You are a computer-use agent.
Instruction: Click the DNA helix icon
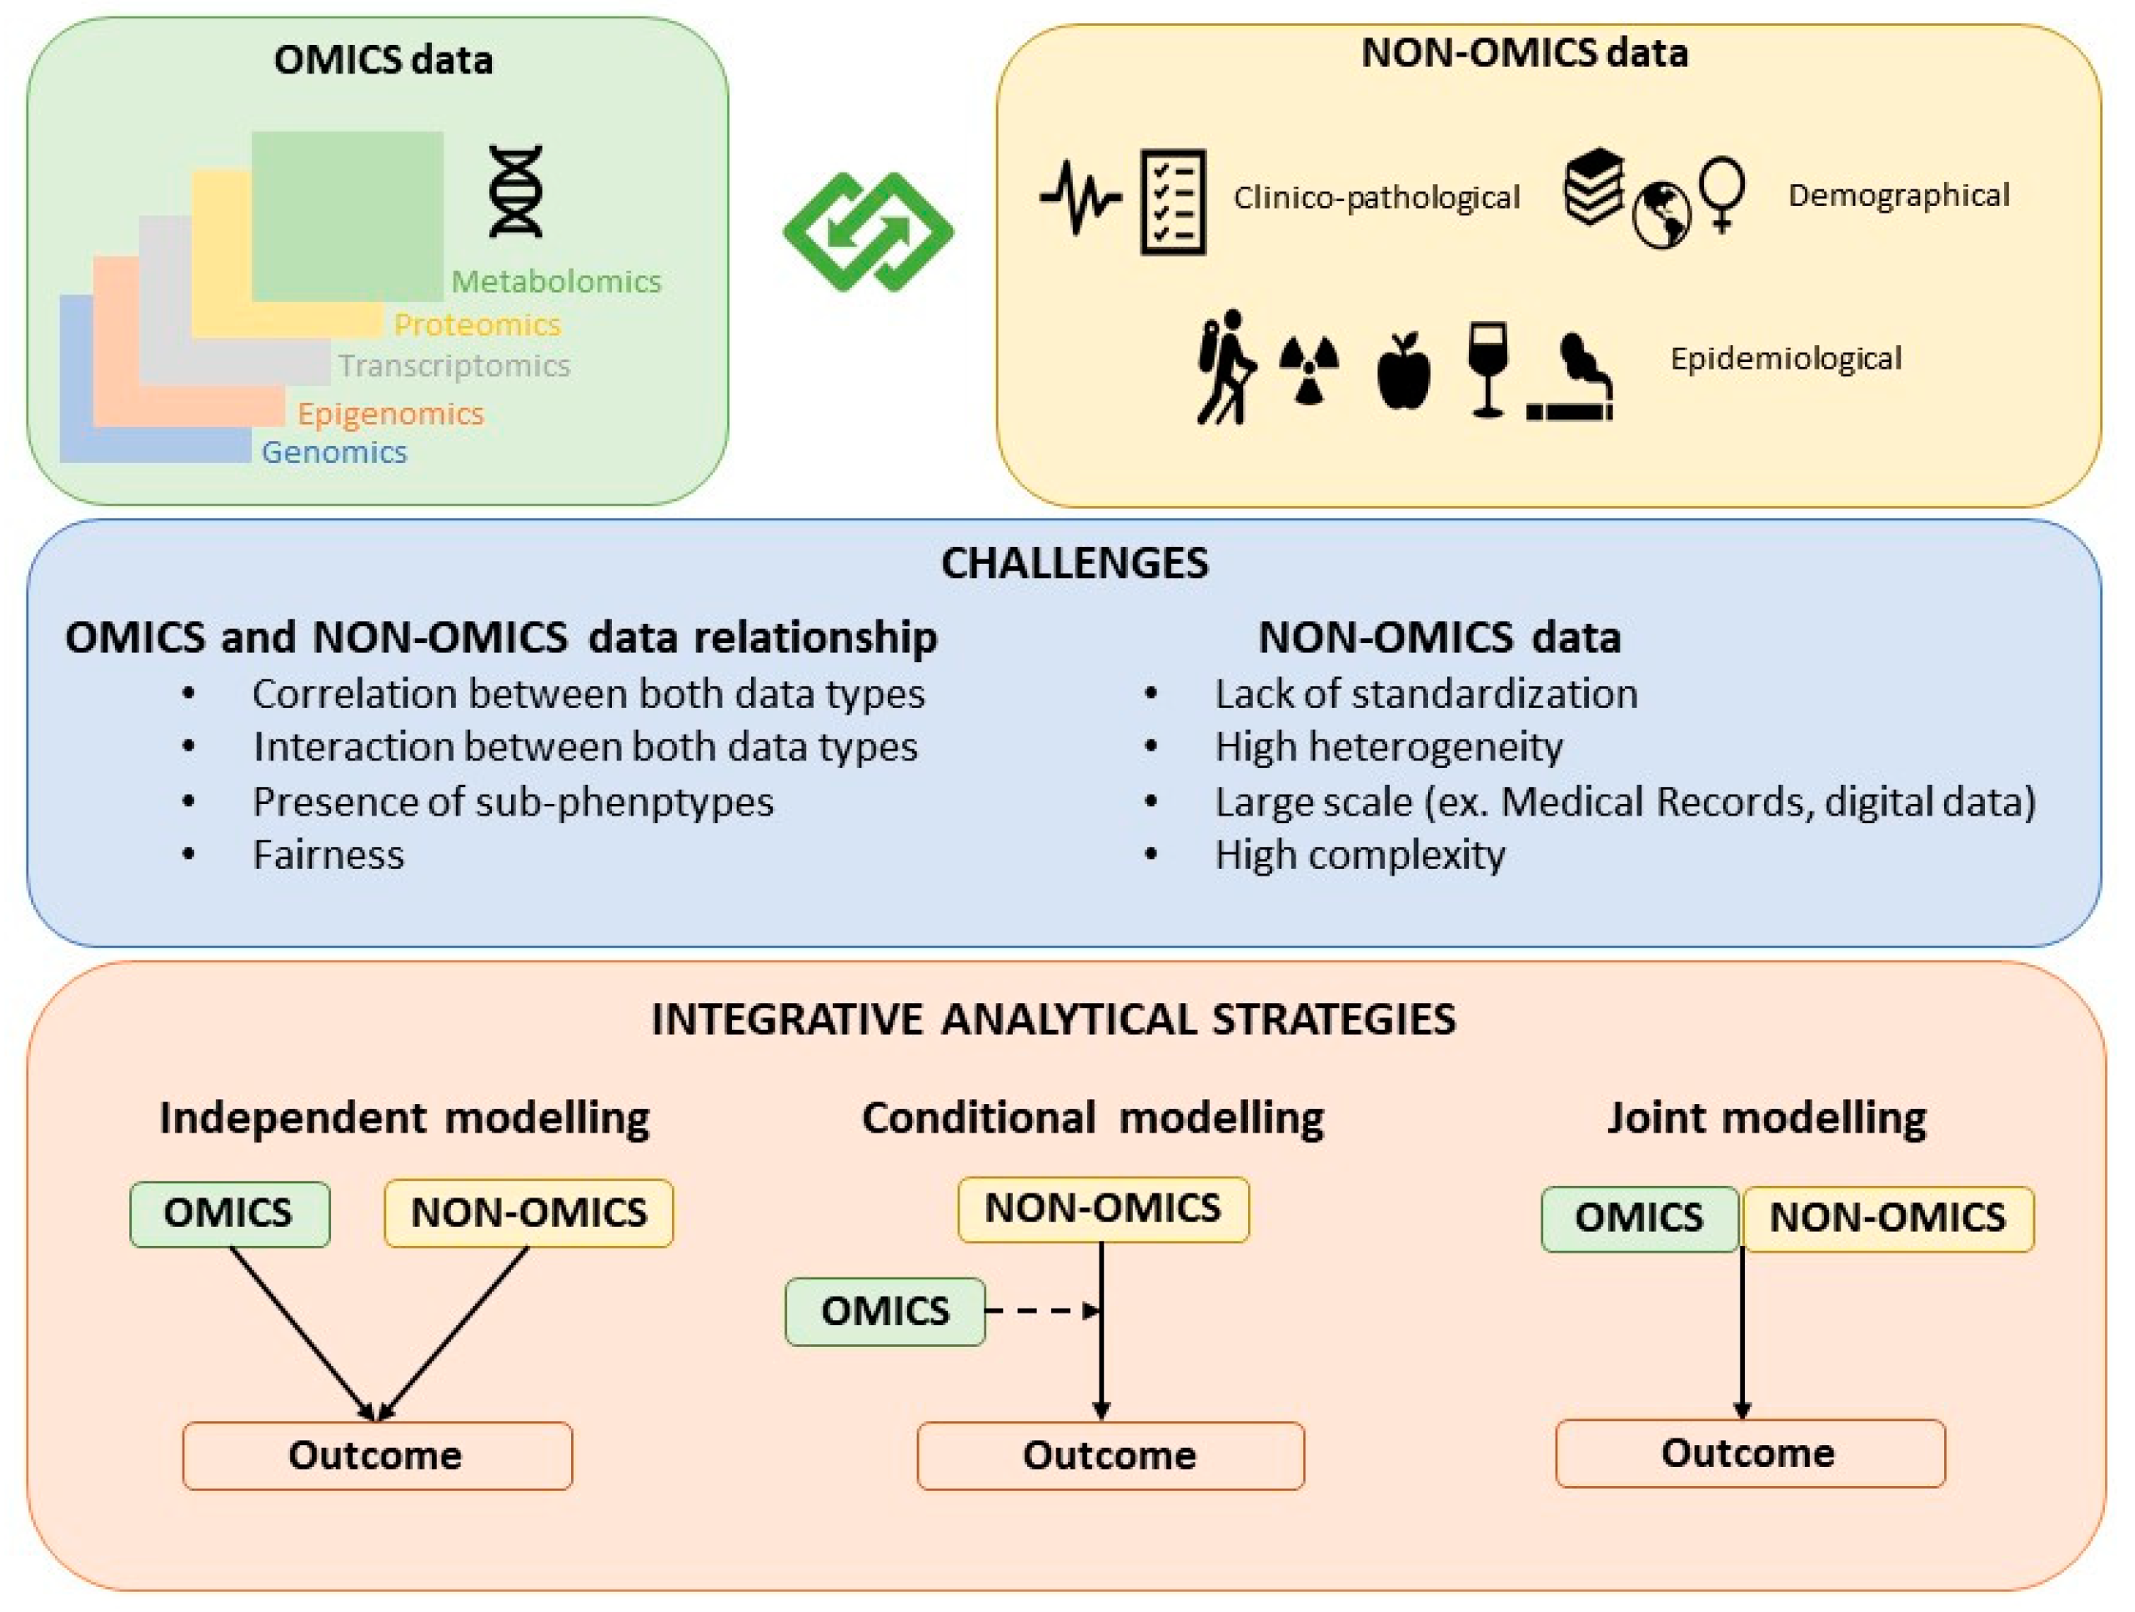tap(515, 191)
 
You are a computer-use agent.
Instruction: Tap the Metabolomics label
tap(556, 282)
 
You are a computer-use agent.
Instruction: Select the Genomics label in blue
tap(334, 452)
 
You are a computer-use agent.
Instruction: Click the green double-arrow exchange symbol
tap(868, 232)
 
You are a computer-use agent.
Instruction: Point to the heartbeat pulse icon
tap(1080, 198)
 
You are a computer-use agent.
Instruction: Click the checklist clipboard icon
tap(1173, 202)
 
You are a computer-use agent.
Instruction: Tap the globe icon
tap(1661, 215)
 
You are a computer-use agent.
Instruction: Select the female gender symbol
tap(1721, 193)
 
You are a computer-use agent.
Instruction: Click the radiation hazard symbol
tap(1309, 369)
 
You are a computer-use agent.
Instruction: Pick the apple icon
tap(1402, 372)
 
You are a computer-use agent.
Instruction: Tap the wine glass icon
tap(1486, 369)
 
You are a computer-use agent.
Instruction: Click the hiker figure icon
tap(1224, 368)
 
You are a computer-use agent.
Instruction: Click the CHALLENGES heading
tap(1075, 564)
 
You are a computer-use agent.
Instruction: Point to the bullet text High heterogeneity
tap(1388, 747)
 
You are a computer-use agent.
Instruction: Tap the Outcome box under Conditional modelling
tap(1110, 1455)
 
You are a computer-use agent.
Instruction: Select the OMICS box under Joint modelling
tap(1639, 1218)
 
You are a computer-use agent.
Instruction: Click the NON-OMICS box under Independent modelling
tap(529, 1213)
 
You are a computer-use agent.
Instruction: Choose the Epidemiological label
tap(1786, 359)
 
